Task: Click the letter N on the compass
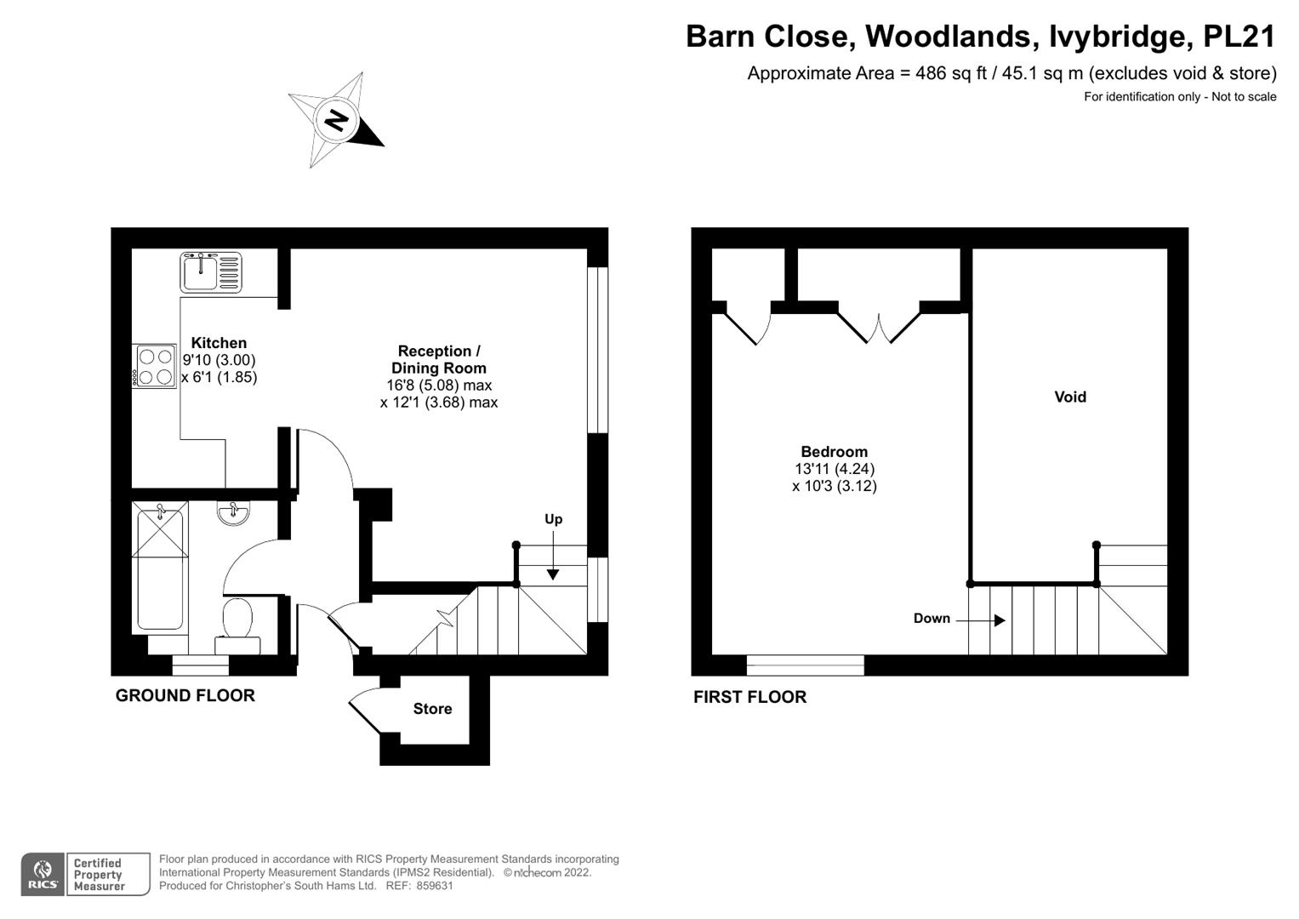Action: [x=336, y=121]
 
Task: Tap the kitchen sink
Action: [x=211, y=272]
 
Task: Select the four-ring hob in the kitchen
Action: [x=154, y=366]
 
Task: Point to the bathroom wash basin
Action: [x=234, y=513]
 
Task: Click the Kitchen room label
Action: [x=219, y=343]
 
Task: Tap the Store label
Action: [x=432, y=708]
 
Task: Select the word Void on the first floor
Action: [x=1070, y=397]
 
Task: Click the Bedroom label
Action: [x=834, y=451]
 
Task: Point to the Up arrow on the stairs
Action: [x=553, y=555]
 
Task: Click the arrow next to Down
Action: [x=980, y=620]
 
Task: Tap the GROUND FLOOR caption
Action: [x=185, y=696]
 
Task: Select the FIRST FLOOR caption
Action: [x=749, y=697]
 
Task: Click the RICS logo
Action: [x=43, y=875]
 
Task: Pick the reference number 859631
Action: [x=435, y=886]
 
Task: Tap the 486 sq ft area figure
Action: [x=951, y=73]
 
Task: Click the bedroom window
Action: [x=805, y=665]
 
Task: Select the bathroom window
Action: [x=201, y=665]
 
